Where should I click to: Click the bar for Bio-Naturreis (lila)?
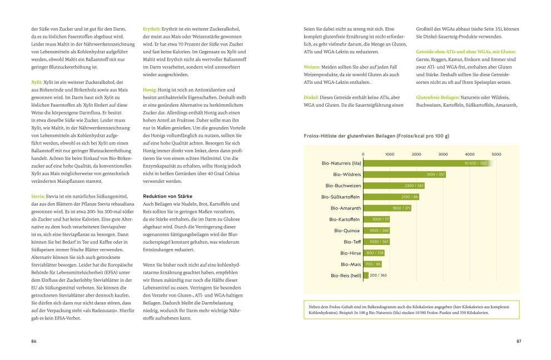point(425,163)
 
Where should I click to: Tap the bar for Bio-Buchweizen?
point(394,185)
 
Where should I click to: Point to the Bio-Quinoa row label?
point(347,230)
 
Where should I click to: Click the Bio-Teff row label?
point(352,242)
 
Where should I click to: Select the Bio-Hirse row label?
point(350,253)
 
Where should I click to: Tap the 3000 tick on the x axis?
point(443,154)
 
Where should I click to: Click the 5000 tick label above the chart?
point(496,154)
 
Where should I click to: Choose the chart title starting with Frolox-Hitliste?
point(376,136)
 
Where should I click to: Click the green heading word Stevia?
point(38,196)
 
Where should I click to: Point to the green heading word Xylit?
point(37,82)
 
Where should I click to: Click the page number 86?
point(34,341)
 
